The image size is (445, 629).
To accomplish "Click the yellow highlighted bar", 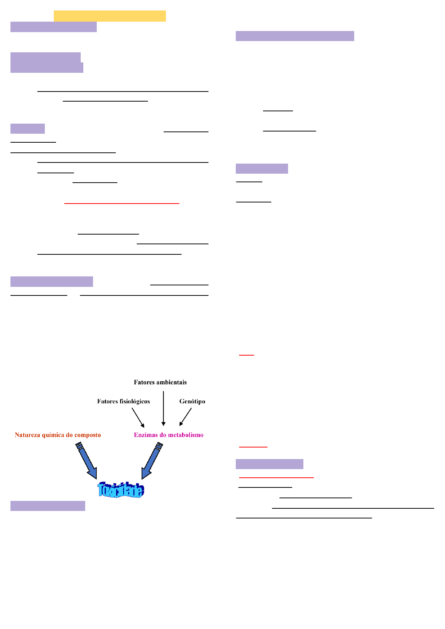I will tap(109, 16).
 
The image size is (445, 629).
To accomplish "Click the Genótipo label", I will tap(192, 402).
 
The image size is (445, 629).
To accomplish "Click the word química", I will tap(54, 435).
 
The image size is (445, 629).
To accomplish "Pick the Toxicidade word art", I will tap(121, 490).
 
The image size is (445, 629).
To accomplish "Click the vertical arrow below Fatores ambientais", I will tap(163, 408).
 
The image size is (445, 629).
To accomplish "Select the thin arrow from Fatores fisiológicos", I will tap(138, 418).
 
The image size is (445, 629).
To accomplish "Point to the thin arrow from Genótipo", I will tap(185, 417).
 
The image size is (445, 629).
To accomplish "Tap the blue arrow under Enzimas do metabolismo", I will tap(151, 461).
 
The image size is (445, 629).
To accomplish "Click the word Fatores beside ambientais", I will tap(144, 382).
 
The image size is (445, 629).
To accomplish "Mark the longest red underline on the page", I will tap(122, 203).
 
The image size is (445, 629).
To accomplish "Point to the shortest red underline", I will tap(246, 354).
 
